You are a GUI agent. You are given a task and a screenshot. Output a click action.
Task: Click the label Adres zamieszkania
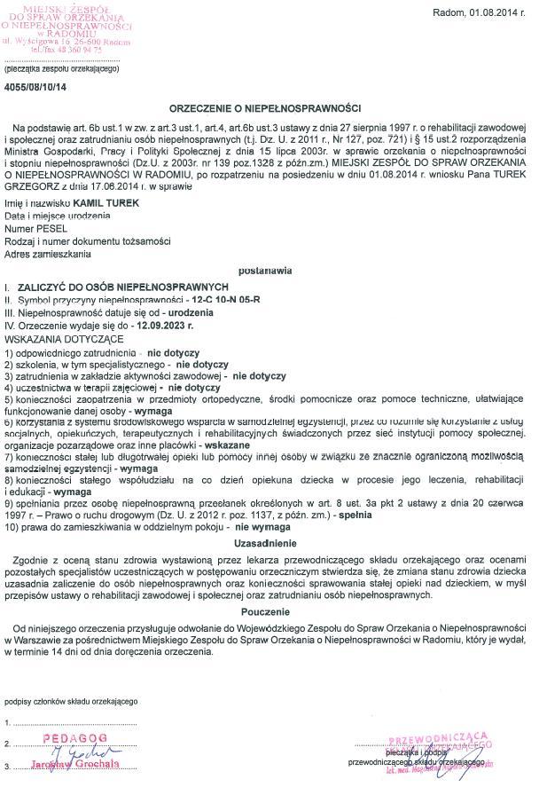click(x=48, y=255)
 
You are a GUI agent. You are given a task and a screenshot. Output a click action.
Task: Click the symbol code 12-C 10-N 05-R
click(x=227, y=300)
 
